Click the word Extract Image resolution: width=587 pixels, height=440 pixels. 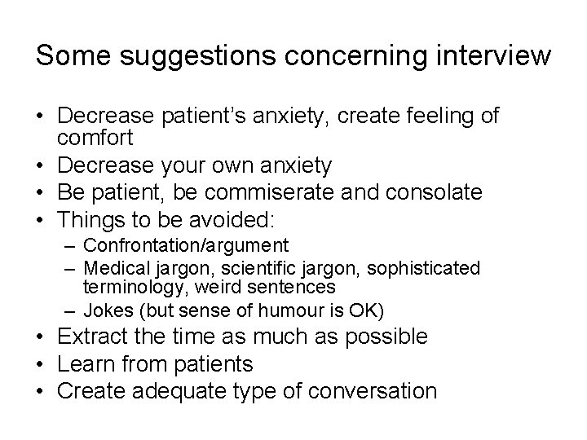point(94,337)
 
